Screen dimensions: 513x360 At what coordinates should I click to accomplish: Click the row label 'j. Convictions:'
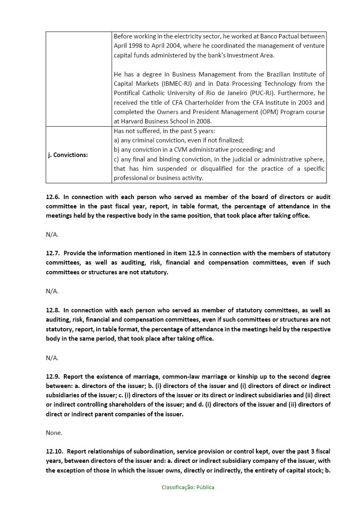pyautogui.click(x=68, y=155)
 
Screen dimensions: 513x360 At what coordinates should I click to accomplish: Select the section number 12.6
pyautogui.click(x=53, y=197)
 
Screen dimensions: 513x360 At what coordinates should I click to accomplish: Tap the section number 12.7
pyautogui.click(x=53, y=253)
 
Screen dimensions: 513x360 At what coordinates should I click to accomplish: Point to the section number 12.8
pyautogui.click(x=53, y=310)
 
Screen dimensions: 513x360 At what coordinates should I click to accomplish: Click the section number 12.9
pyautogui.click(x=53, y=377)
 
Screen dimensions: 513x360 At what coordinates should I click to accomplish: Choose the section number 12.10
pyautogui.click(x=54, y=452)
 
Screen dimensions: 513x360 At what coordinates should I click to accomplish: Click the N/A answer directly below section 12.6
pyautogui.click(x=52, y=235)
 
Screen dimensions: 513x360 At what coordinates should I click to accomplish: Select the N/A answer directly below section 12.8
pyautogui.click(x=52, y=358)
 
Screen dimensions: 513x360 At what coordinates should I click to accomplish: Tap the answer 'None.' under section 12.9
pyautogui.click(x=54, y=433)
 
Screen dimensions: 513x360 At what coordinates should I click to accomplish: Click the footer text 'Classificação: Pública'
pyautogui.click(x=188, y=488)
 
